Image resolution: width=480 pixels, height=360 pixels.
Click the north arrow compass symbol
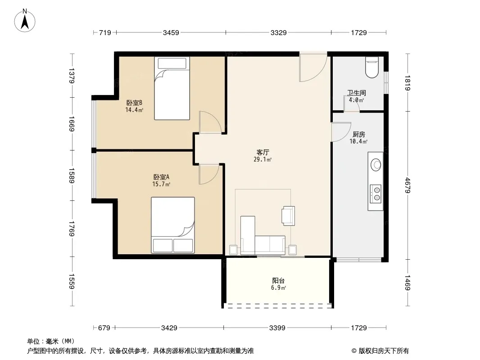pyautogui.click(x=25, y=21)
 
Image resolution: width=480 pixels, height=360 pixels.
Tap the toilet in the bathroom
pyautogui.click(x=372, y=67)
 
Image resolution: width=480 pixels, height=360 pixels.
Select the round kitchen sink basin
pyautogui.click(x=376, y=165)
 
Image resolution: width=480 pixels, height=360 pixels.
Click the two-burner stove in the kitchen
pyautogui.click(x=376, y=194)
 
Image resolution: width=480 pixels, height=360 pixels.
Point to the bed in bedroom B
pyautogui.click(x=172, y=88)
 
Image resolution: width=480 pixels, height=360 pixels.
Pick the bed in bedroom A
pyautogui.click(x=173, y=225)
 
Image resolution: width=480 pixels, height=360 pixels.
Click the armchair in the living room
pyautogui.click(x=288, y=216)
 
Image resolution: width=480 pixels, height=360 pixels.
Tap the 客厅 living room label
pyautogui.click(x=263, y=152)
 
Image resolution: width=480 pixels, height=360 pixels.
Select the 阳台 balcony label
pyautogui.click(x=278, y=280)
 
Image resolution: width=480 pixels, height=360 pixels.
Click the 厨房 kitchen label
pyautogui.click(x=358, y=134)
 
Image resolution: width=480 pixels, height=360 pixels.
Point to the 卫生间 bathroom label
pyautogui.click(x=357, y=93)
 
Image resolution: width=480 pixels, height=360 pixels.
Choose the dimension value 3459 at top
pyautogui.click(x=171, y=32)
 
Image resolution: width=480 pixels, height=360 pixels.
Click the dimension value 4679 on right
pyautogui.click(x=407, y=185)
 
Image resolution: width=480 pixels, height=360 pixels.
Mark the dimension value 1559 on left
pyautogui.click(x=71, y=281)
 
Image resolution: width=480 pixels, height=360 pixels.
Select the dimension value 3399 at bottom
pyautogui.click(x=277, y=328)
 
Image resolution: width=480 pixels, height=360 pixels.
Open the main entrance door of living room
pyautogui.click(x=313, y=67)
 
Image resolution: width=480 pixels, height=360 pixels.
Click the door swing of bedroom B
pyautogui.click(x=210, y=122)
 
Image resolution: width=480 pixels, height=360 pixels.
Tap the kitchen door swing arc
pyautogui.click(x=341, y=132)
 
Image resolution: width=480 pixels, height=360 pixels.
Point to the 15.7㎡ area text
pyautogui.click(x=161, y=184)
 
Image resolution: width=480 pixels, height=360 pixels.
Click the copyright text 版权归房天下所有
pyautogui.click(x=384, y=351)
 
